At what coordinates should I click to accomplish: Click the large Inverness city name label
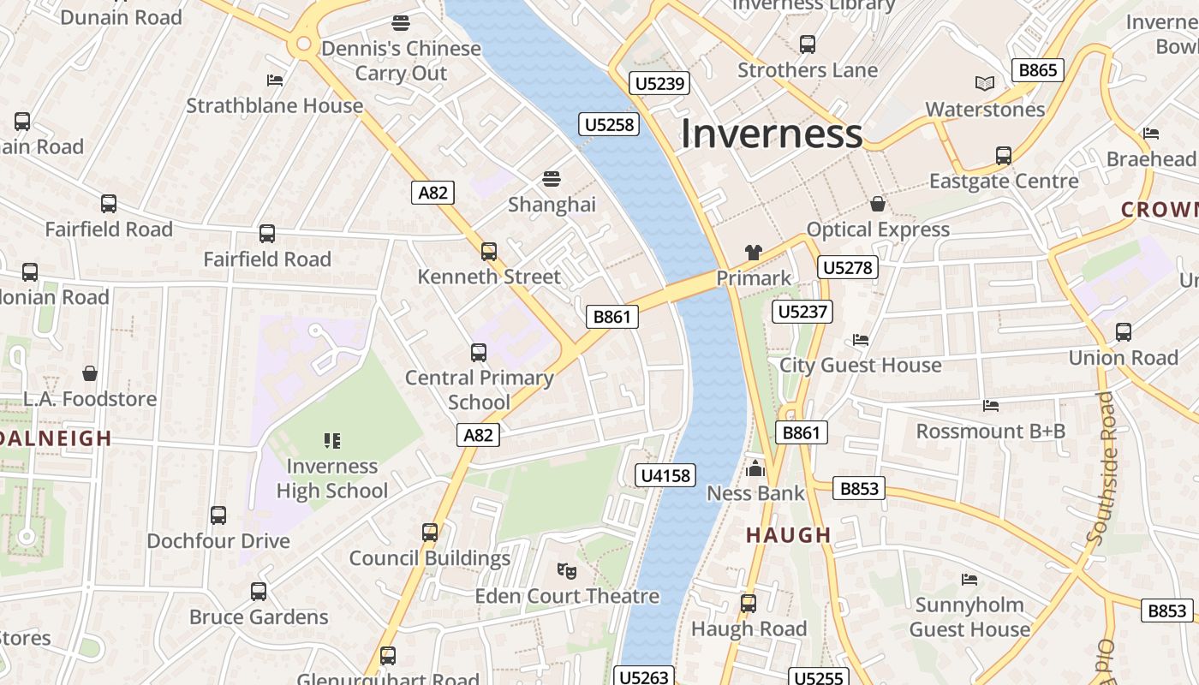coord(771,134)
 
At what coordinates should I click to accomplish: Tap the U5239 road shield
coord(659,83)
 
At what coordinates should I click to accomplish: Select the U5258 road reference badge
coord(609,125)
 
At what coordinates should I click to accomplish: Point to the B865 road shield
coord(1037,70)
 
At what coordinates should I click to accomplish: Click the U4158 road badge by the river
coord(665,475)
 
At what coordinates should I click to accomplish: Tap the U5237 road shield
coord(802,312)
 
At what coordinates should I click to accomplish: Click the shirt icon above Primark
coord(753,252)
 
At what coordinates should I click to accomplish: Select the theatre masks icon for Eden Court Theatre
coord(566,569)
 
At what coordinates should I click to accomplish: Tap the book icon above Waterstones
coord(985,83)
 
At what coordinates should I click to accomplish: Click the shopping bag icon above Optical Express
coord(878,203)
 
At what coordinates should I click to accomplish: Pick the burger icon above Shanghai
coord(552,179)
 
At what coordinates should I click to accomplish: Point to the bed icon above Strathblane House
coord(275,80)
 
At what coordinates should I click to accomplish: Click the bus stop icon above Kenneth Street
coord(488,251)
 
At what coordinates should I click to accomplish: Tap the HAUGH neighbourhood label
coord(788,535)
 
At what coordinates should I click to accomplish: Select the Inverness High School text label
coord(332,479)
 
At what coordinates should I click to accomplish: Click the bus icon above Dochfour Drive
coord(218,515)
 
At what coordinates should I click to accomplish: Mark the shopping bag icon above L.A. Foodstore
coord(90,373)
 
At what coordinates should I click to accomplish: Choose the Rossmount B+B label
coord(990,431)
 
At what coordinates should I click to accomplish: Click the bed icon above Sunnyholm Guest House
coord(969,580)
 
